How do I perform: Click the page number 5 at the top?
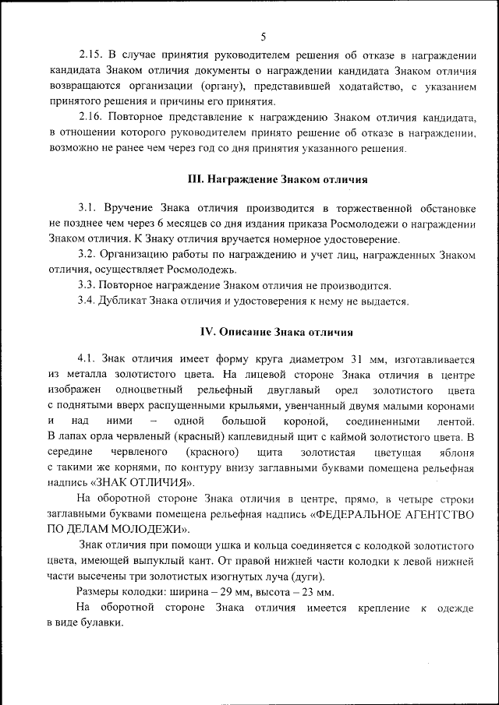pos(263,37)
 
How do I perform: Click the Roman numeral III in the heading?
pos(195,179)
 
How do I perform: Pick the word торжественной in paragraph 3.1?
pos(370,209)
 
